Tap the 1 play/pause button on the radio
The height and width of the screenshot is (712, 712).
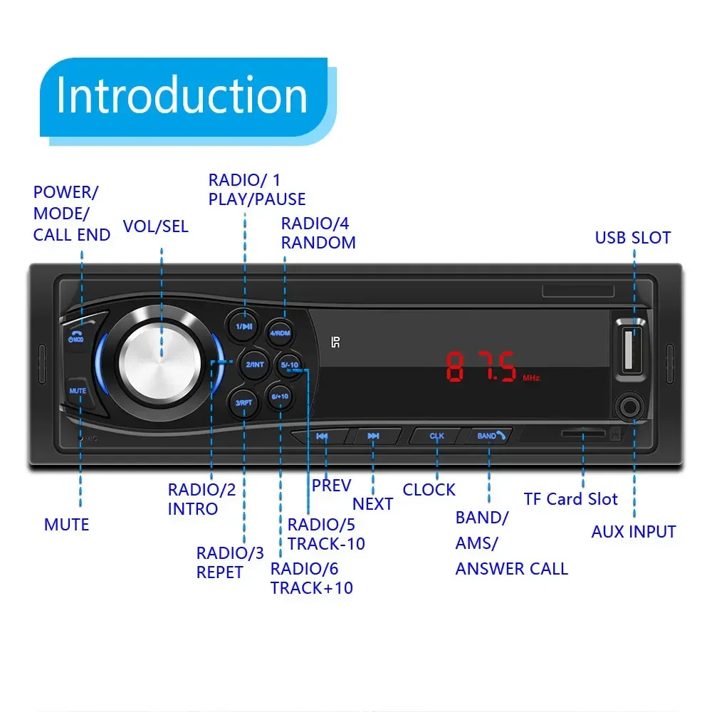coord(244,327)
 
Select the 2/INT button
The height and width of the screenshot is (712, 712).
coord(255,365)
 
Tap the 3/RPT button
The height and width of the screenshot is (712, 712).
coord(244,402)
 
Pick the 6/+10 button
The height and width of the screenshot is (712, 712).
coord(279,396)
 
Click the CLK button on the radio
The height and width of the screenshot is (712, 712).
coord(436,436)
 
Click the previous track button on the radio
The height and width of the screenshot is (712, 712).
coord(322,436)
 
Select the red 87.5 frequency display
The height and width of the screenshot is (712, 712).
coord(481,367)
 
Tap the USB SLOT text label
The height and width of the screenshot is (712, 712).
coord(633,238)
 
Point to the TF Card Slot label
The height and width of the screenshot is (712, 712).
coord(571,499)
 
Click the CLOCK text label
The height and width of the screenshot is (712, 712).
coord(429,490)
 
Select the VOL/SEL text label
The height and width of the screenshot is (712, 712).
coord(156,226)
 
